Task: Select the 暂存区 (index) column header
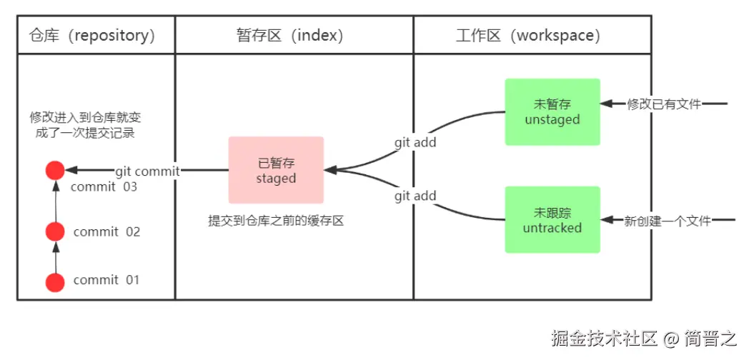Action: pos(290,35)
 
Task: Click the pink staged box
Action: pos(276,171)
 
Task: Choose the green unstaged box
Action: pos(552,112)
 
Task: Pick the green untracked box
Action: pos(552,220)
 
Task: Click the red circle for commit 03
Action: pos(55,171)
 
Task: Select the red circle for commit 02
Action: pos(55,231)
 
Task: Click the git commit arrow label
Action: pos(147,171)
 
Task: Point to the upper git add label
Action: pos(415,142)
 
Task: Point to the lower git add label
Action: pos(415,196)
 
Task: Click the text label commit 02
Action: pos(106,232)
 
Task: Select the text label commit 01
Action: pos(106,280)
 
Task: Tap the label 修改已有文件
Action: pos(664,104)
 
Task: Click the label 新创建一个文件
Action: pos(668,221)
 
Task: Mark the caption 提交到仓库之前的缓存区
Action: pos(276,221)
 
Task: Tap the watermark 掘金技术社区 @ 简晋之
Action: pos(643,337)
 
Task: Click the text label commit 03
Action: pos(104,187)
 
